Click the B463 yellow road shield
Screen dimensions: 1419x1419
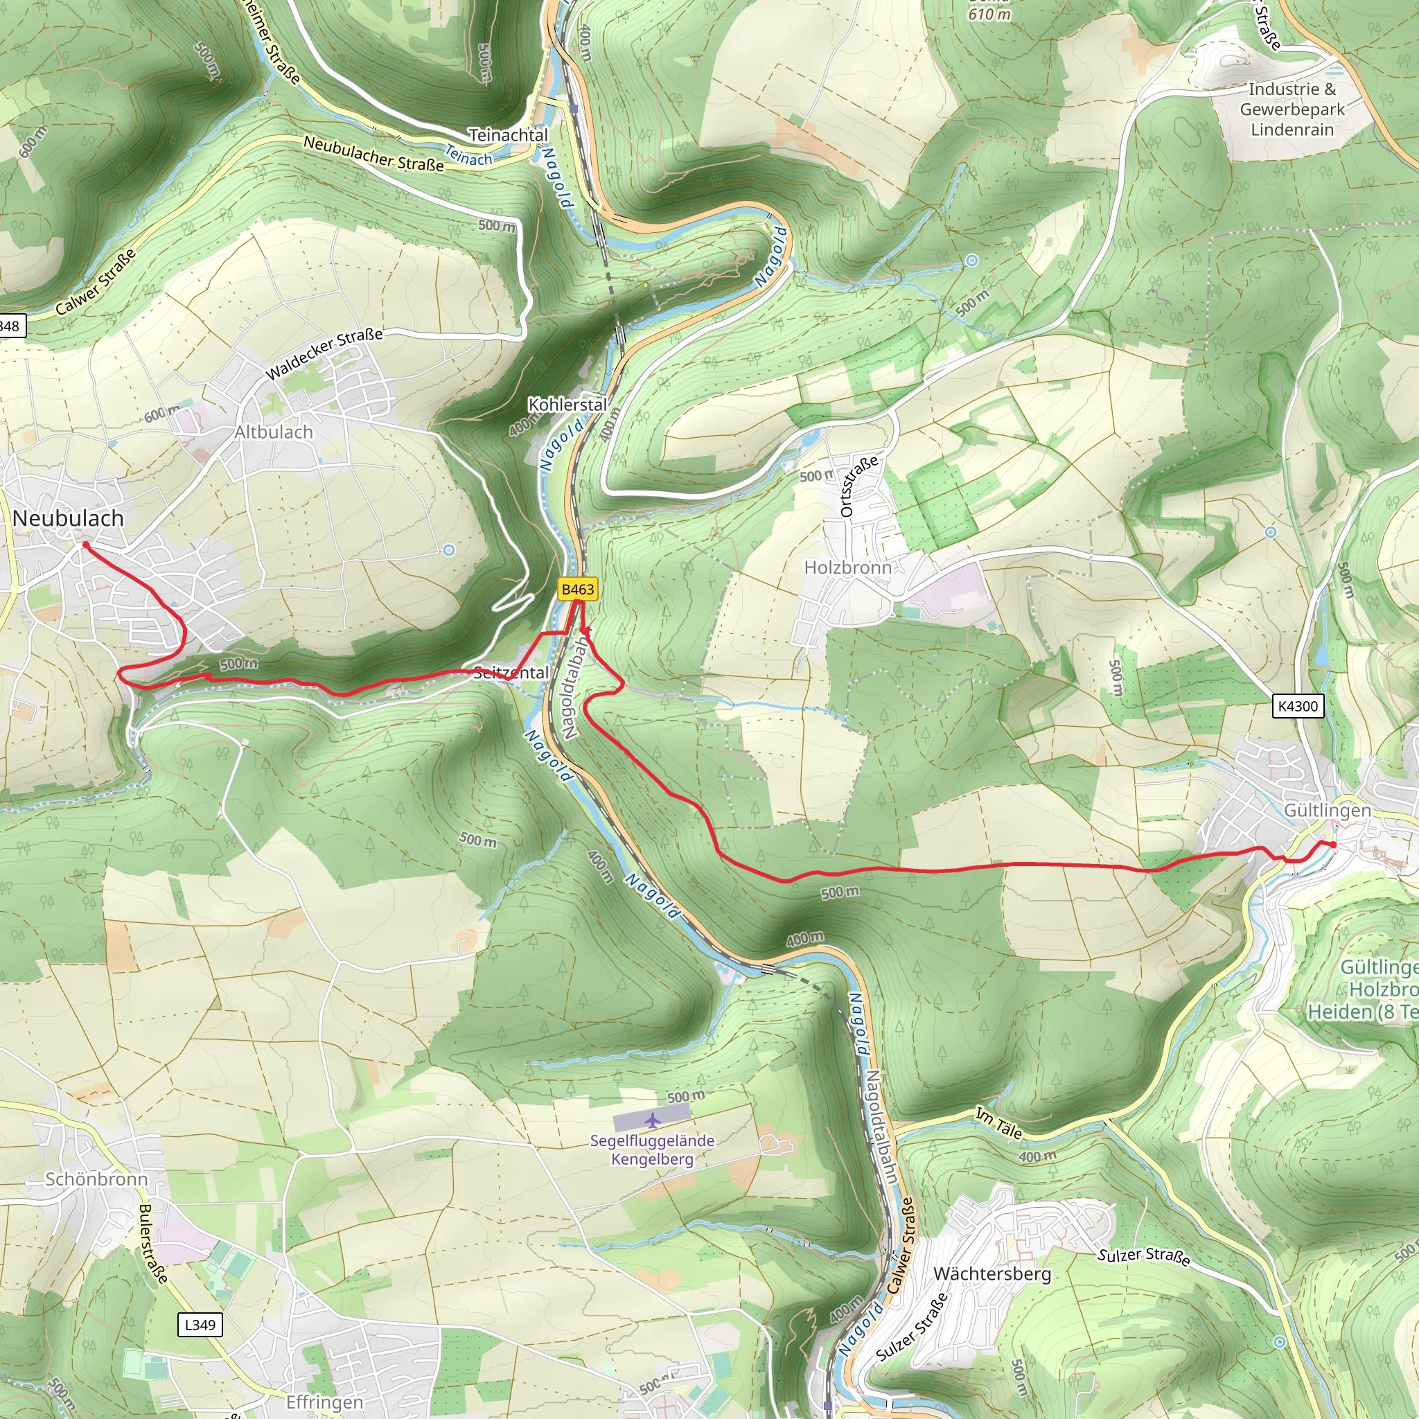point(577,589)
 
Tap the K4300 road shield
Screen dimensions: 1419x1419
point(1298,706)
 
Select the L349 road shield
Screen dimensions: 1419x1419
point(200,1324)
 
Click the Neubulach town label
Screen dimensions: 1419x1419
point(69,518)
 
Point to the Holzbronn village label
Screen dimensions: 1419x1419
point(847,567)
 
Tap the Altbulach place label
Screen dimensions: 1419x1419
point(274,432)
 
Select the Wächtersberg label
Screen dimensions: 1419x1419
point(991,1273)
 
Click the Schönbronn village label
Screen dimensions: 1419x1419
point(96,1179)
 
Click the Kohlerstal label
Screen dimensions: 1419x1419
point(567,404)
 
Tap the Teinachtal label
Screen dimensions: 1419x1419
point(509,135)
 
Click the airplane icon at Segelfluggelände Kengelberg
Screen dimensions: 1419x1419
point(652,1120)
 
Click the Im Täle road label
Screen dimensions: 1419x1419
point(998,1124)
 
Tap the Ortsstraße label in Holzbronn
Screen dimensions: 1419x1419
point(857,486)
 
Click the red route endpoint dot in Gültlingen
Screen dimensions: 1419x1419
point(1332,845)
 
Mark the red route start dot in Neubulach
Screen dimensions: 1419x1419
point(86,545)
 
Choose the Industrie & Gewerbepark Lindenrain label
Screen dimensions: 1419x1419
point(1292,109)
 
